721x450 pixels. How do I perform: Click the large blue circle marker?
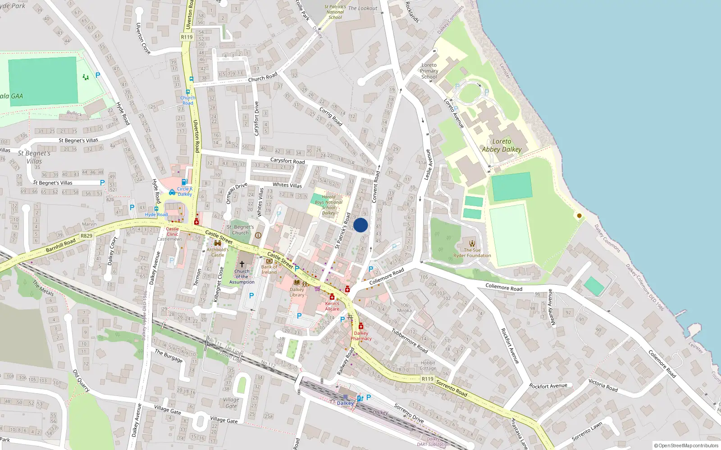(360, 225)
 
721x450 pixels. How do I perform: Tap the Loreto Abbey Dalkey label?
(502, 145)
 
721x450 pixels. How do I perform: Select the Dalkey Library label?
(297, 292)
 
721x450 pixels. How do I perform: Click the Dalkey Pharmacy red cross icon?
(360, 326)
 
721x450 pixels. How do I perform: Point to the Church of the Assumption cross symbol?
(242, 264)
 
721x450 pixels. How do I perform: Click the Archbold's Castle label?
(218, 252)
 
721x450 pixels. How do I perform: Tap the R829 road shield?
(86, 236)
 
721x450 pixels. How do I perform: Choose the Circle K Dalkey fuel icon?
(184, 182)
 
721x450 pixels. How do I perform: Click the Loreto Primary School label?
(429, 71)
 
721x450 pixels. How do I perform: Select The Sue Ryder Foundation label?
(472, 253)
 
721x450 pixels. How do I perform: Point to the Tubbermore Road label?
(409, 341)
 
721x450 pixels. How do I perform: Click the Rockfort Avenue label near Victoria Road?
(548, 386)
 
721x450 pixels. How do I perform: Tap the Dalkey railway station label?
(345, 403)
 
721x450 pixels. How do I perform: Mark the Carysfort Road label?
(287, 161)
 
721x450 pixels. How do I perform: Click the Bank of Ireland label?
(269, 270)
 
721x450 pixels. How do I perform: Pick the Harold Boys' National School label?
(329, 205)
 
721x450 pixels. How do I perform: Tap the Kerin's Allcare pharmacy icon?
(332, 297)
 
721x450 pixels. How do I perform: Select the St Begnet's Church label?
(240, 230)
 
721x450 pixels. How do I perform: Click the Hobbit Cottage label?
(428, 365)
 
